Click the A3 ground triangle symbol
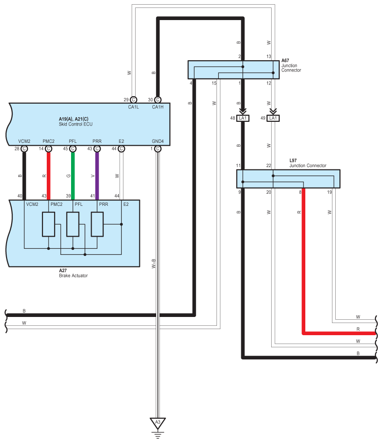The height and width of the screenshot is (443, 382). pos(158,423)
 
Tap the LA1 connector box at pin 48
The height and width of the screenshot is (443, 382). pos(243,118)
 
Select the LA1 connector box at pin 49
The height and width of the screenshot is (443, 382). pos(273,118)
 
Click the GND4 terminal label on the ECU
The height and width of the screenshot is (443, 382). pos(158,141)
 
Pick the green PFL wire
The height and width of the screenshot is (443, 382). pos(73,175)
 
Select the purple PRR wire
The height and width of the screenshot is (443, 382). pos(97,175)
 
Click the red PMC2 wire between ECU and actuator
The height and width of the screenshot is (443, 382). pos(49,175)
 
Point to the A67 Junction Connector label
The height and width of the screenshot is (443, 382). pos(291,65)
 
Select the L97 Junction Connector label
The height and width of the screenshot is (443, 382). pos(308,166)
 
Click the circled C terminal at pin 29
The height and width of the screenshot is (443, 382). pos(133,99)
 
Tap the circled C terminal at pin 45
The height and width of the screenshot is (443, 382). pos(73,148)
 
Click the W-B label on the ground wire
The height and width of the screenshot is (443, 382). pos(153,264)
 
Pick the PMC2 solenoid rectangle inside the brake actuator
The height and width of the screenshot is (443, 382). pos(49,225)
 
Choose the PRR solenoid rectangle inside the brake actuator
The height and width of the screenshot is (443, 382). pos(97,225)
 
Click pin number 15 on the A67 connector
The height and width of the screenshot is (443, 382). pos(214,83)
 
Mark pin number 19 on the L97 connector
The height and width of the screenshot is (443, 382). pos(330,192)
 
